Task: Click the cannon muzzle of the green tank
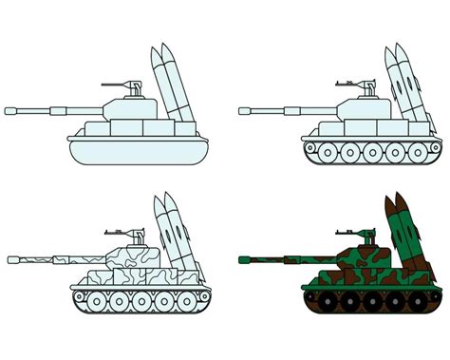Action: coord(243,256)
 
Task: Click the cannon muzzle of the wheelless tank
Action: coord(9,109)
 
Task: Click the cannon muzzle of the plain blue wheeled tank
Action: coord(243,109)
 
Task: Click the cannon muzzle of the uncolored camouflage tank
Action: coord(10,256)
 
